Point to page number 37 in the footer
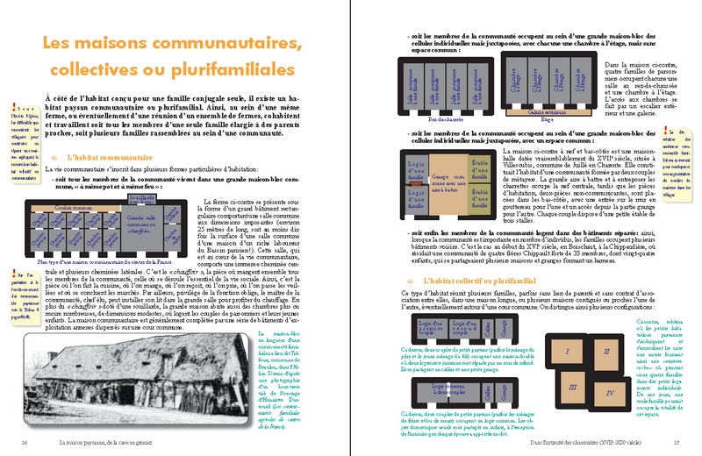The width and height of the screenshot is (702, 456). (676, 443)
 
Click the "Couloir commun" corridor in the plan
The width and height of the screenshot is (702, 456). (79, 207)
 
